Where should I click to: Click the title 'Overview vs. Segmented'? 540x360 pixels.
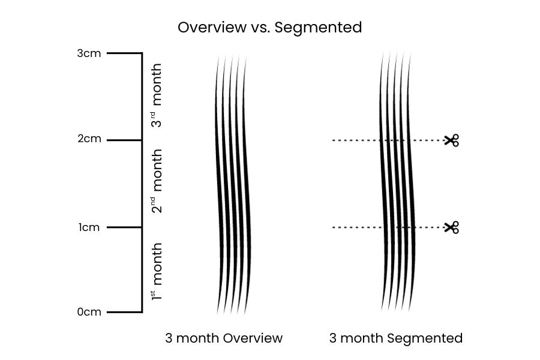pos(269,28)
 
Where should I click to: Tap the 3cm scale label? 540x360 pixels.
pos(89,53)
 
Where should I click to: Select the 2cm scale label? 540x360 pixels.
pos(89,140)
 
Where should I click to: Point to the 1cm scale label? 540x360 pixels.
pos(89,227)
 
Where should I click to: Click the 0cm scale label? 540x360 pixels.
pos(89,312)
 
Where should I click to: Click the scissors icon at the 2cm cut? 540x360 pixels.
pos(452,140)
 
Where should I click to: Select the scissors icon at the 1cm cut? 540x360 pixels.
pos(452,227)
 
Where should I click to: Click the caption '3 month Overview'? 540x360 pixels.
pos(224,338)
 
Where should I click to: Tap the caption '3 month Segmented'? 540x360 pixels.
pos(396,338)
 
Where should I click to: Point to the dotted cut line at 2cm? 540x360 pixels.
pos(357,140)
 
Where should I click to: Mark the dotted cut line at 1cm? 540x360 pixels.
pos(357,227)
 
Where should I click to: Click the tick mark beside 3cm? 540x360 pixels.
pos(124,53)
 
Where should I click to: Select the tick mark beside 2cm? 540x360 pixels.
pos(124,140)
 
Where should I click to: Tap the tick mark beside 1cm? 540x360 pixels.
pos(124,227)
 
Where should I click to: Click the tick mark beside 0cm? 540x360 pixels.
pos(124,312)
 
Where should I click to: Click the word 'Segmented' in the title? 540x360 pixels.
pos(319,28)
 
